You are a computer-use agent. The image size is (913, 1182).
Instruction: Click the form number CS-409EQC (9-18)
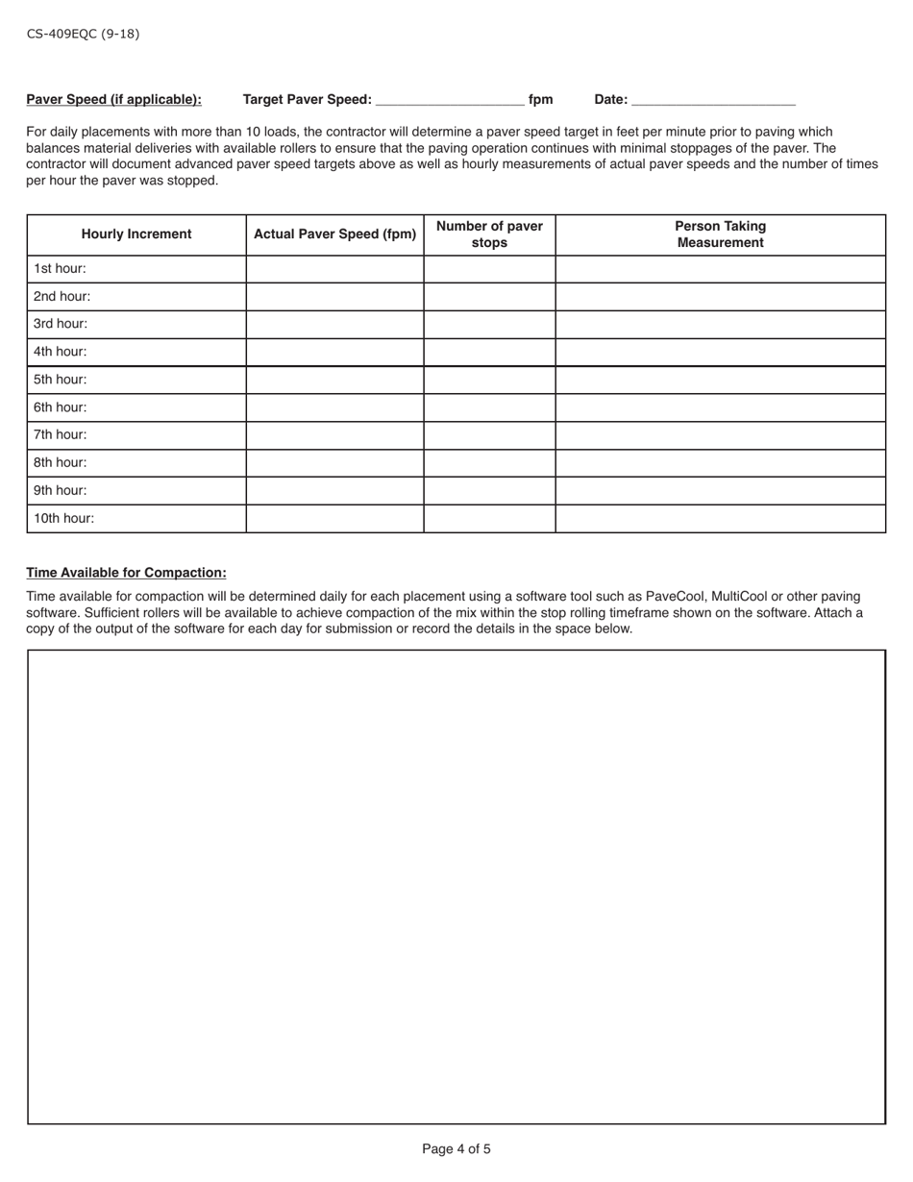tap(83, 34)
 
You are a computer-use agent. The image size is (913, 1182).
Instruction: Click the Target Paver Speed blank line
tap(450, 99)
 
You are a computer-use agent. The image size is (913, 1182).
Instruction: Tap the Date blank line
tap(713, 99)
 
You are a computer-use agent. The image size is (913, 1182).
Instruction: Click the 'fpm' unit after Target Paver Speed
tap(541, 99)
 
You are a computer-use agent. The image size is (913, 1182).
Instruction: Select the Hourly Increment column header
tap(136, 234)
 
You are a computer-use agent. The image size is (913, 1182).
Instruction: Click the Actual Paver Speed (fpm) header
tap(334, 234)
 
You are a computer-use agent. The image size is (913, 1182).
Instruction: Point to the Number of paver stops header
tap(489, 234)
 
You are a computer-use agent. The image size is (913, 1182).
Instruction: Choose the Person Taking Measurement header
tap(720, 234)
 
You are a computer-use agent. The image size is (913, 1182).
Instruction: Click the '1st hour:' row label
tap(60, 269)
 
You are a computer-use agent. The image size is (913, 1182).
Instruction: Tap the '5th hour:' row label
tap(60, 380)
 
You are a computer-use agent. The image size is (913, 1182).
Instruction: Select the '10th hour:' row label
tap(63, 518)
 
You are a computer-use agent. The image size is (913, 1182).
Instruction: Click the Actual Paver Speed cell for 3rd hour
tap(334, 325)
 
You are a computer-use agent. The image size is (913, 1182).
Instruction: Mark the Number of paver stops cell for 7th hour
tap(489, 435)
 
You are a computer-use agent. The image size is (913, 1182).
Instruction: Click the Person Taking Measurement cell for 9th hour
tap(720, 490)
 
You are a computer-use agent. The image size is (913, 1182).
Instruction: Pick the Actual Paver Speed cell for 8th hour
tap(334, 462)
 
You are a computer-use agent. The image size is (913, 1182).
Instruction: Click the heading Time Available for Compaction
tap(126, 573)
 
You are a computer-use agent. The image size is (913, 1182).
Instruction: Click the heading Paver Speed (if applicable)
tap(113, 99)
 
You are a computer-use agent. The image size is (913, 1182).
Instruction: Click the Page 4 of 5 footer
tap(456, 1148)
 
